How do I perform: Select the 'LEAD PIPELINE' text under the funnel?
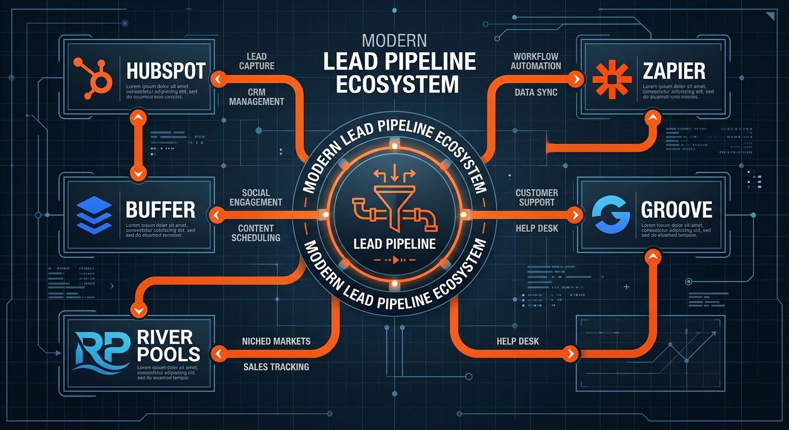(395, 244)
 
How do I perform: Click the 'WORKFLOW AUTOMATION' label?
(536, 61)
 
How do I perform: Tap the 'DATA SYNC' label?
(536, 92)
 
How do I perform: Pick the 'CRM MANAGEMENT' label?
(256, 96)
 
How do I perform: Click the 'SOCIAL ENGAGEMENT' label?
(256, 197)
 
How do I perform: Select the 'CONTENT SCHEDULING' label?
(256, 233)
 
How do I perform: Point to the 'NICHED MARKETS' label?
(276, 341)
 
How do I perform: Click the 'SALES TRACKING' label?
(276, 367)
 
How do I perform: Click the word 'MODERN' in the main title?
(394, 40)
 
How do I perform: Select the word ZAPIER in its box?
(674, 71)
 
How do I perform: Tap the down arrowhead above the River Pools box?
(138, 310)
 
